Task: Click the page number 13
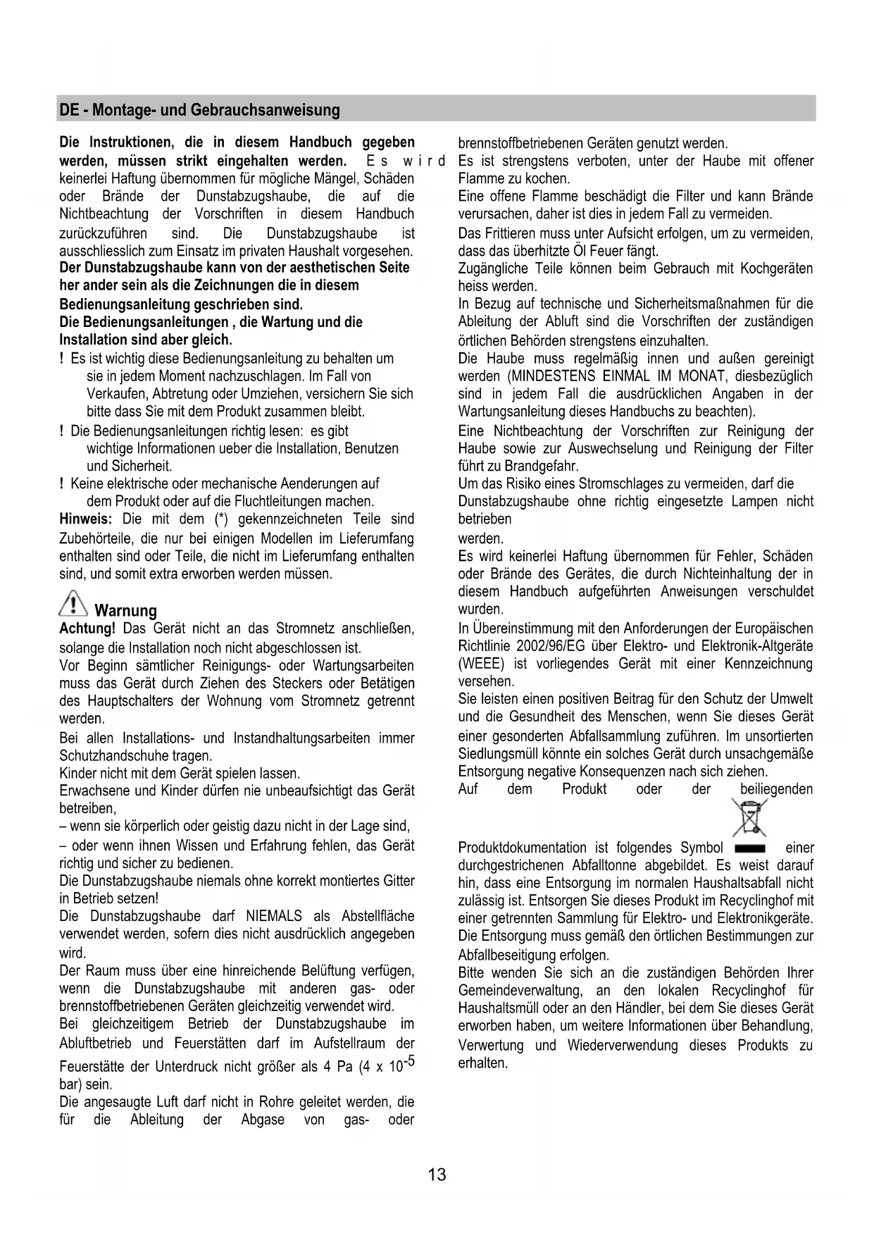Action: pos(437,1175)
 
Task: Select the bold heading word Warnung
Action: pos(125,610)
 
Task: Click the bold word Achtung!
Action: pos(87,629)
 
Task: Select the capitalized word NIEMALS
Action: pos(274,917)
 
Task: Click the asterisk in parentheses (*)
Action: pos(220,519)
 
